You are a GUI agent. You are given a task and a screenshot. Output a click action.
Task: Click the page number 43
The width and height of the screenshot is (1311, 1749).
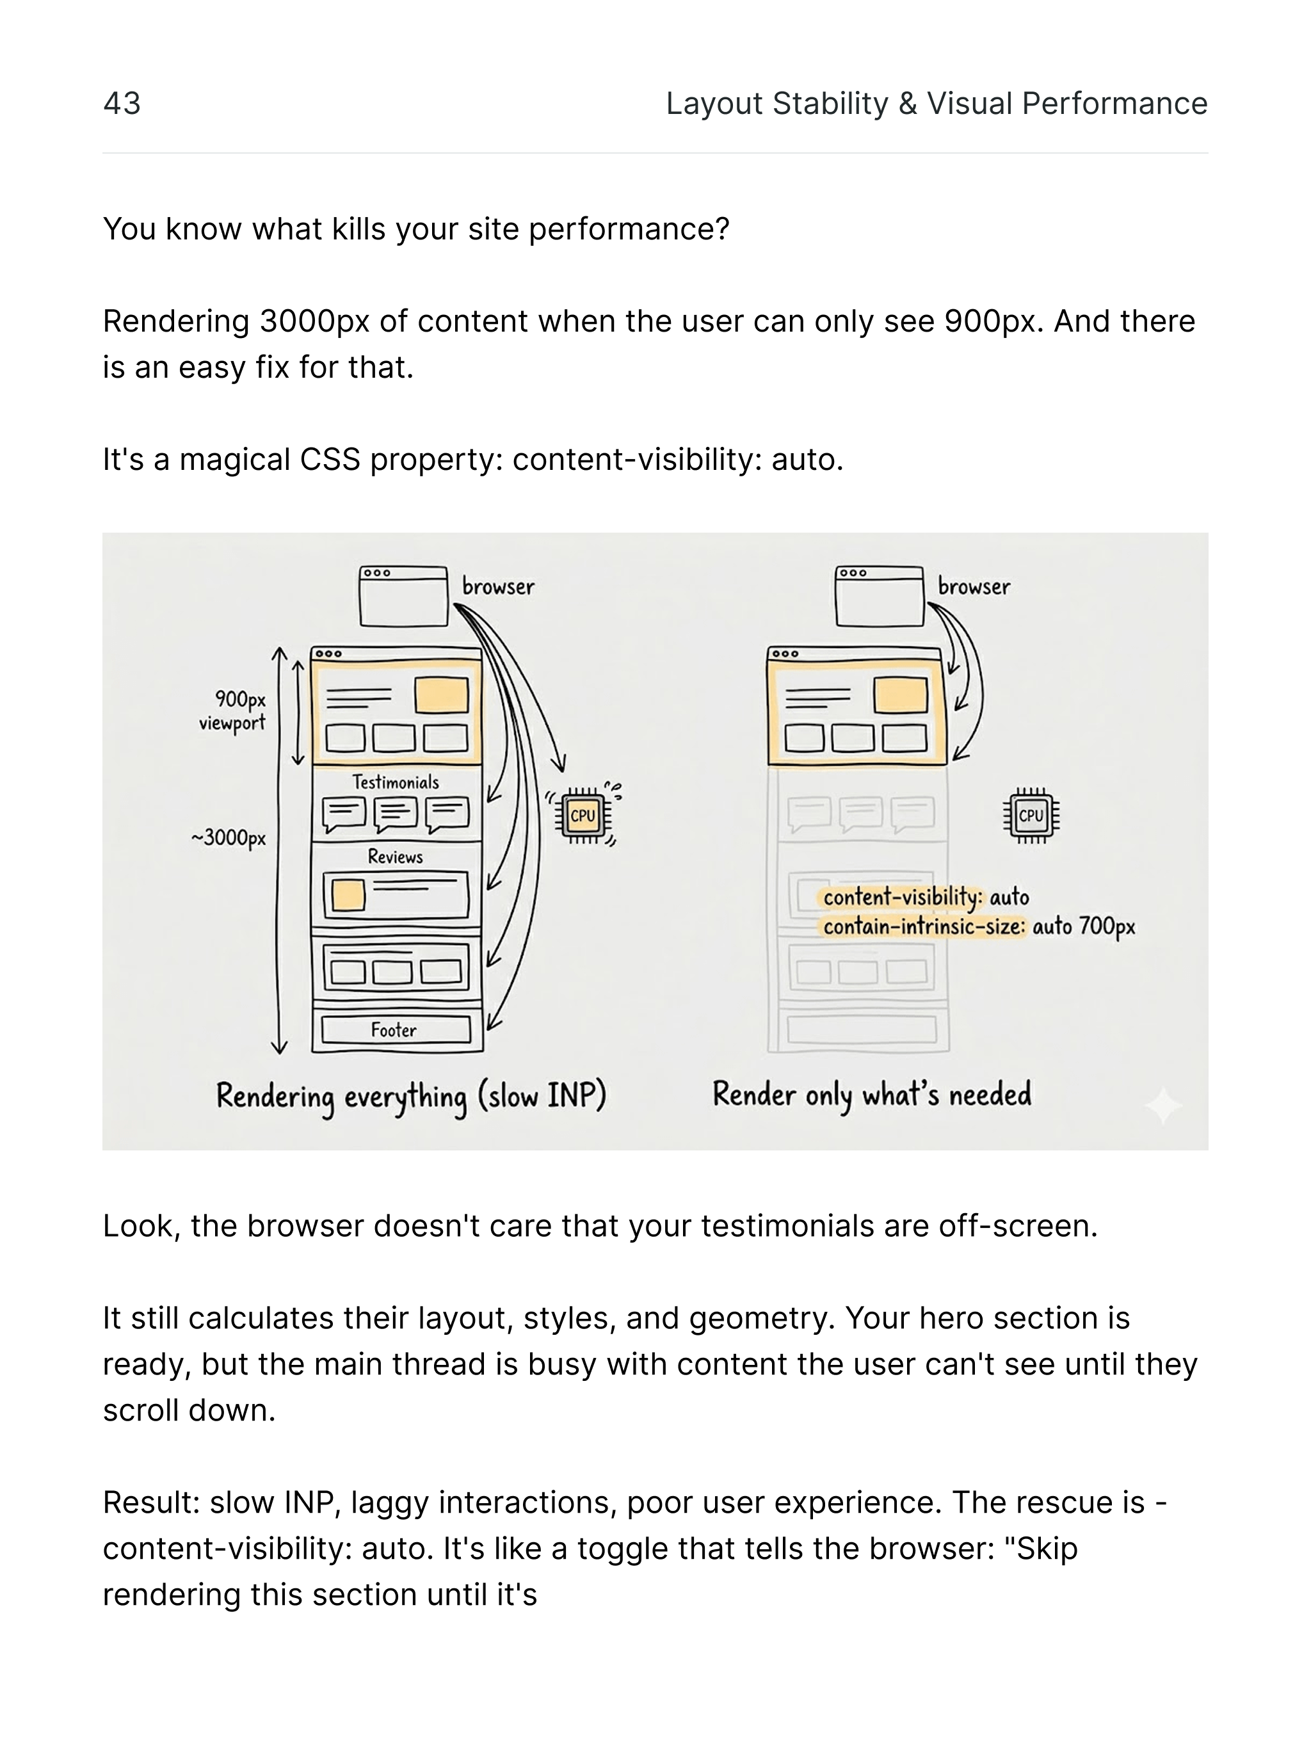(x=122, y=104)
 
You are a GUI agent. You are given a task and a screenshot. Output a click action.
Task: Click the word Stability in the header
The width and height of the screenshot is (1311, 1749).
(x=830, y=104)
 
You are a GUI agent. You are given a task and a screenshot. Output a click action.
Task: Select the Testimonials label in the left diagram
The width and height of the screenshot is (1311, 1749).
(x=396, y=782)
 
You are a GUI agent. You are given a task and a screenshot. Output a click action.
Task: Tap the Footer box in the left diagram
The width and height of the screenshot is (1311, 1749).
(x=394, y=1029)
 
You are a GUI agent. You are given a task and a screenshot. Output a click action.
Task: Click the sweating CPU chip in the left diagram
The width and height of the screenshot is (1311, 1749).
(x=583, y=815)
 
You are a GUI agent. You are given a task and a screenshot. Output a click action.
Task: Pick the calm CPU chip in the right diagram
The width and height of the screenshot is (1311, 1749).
(x=1030, y=815)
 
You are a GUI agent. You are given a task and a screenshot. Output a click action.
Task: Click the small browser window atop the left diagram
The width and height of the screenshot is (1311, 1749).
(x=403, y=596)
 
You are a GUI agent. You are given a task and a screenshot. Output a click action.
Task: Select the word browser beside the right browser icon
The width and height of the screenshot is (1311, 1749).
(x=974, y=586)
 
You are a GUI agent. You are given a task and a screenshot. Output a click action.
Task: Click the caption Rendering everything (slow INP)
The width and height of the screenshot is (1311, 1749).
(x=411, y=1097)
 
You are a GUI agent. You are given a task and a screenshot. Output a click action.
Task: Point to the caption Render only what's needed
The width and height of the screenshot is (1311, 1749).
(x=871, y=1094)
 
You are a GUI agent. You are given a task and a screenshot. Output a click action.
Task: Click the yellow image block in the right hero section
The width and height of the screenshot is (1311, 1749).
(x=901, y=696)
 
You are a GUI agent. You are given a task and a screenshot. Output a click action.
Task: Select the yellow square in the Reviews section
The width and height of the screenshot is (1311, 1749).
(x=348, y=895)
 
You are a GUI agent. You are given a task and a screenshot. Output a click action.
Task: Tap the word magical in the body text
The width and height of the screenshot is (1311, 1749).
(x=235, y=460)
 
